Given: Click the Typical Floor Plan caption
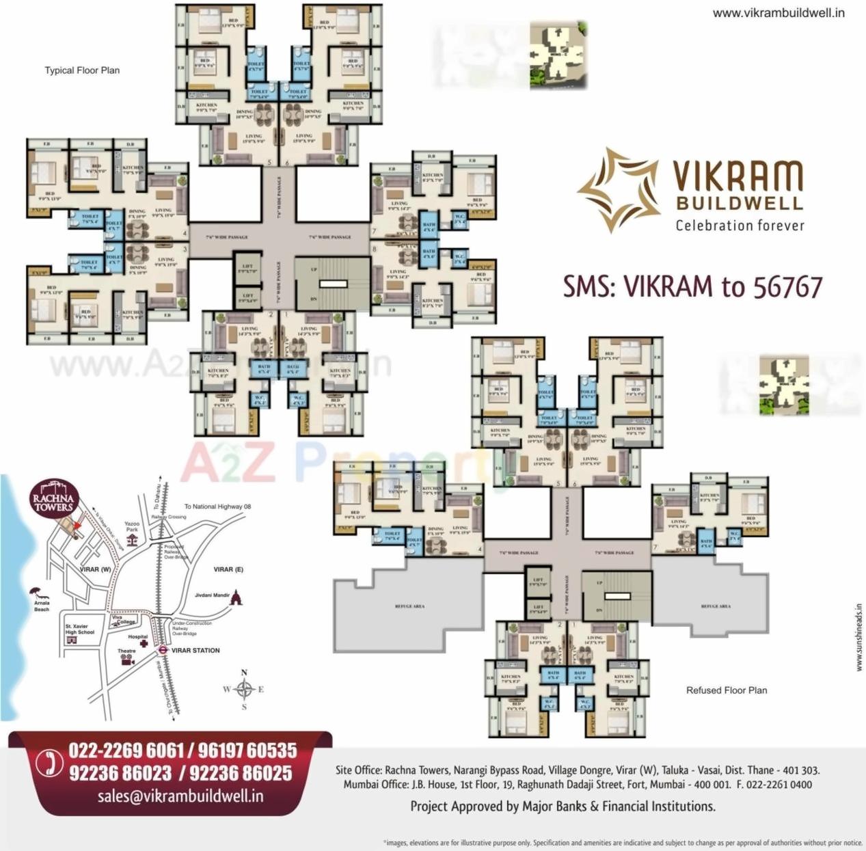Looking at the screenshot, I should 82,70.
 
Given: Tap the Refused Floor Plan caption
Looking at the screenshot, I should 726,690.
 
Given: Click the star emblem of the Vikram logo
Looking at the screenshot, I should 617,190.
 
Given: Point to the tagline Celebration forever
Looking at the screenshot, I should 740,226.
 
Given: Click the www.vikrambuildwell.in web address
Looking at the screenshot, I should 778,13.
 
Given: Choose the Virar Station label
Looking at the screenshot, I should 195,650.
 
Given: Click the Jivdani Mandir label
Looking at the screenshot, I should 212,595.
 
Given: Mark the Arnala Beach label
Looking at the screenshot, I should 42,606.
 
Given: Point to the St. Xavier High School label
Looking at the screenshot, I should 79,630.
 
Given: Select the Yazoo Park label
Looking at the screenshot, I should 132,526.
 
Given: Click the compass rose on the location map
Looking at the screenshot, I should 244,689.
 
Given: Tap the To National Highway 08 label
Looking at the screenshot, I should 217,506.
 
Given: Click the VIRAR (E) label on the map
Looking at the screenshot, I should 228,569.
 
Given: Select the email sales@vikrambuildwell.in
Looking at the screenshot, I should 180,796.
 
